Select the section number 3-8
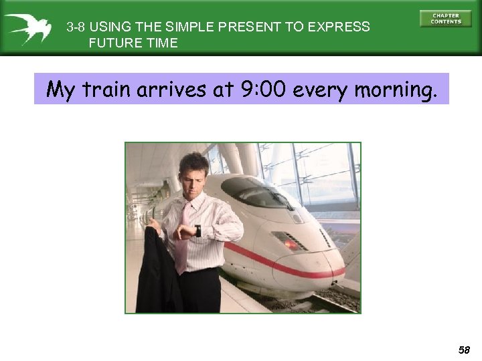pyautogui.click(x=76, y=27)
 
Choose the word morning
pyautogui.click(x=396, y=90)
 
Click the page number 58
pyautogui.click(x=464, y=350)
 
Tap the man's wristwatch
pyautogui.click(x=197, y=231)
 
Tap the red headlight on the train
pyautogui.click(x=292, y=243)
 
